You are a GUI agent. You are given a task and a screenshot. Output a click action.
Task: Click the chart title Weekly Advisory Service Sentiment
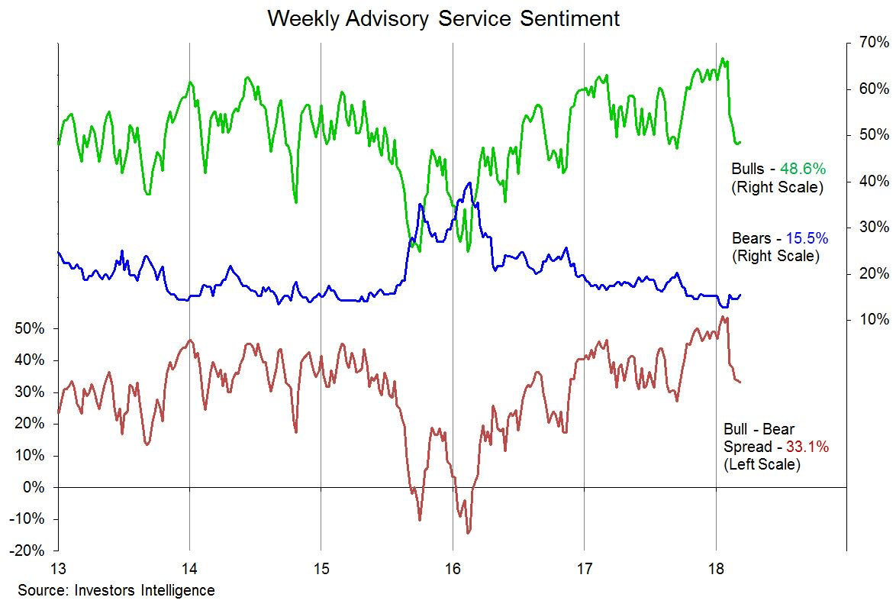443,18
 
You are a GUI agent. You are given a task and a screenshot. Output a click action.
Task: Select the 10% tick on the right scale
872,319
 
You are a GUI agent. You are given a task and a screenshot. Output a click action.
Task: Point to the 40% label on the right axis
872,181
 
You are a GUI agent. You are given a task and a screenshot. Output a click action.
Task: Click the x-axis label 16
453,569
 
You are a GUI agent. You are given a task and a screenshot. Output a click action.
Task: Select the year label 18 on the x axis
716,569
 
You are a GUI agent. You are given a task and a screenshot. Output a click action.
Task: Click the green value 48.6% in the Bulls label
804,169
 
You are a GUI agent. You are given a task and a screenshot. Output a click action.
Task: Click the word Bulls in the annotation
749,169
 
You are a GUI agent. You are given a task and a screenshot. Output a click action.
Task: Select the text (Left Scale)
762,463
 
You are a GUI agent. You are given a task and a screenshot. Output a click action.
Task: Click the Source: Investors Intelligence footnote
116,590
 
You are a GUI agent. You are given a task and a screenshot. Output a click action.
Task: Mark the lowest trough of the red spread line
468,532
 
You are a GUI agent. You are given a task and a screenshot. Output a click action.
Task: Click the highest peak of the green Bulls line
723,59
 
